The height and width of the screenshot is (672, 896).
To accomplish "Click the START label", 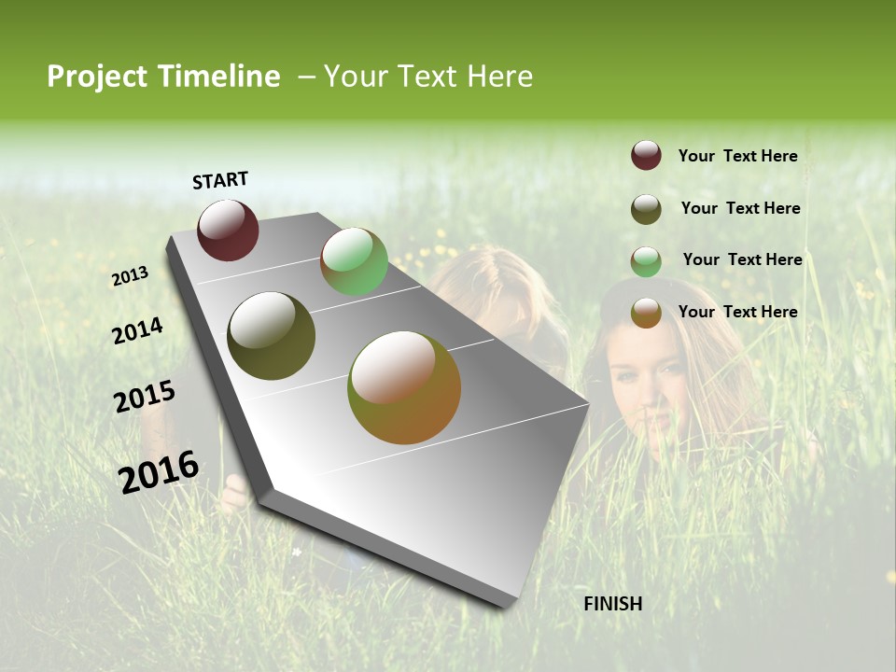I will pyautogui.click(x=220, y=180).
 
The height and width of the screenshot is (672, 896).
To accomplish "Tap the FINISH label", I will pyautogui.click(x=613, y=604).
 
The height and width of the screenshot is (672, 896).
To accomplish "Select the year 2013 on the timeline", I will pyautogui.click(x=130, y=276).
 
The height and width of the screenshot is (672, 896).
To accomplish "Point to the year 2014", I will pyautogui.click(x=137, y=330).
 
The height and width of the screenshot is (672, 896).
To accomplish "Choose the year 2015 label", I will pyautogui.click(x=144, y=397).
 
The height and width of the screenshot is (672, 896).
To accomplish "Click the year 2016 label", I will pyautogui.click(x=159, y=471).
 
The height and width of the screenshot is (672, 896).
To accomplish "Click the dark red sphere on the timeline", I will pyautogui.click(x=228, y=230).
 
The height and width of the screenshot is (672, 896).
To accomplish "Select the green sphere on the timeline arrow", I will pyautogui.click(x=354, y=261).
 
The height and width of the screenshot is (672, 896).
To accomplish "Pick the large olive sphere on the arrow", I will pyautogui.click(x=271, y=336).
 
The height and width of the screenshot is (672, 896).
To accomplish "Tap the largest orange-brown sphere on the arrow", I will pyautogui.click(x=404, y=387).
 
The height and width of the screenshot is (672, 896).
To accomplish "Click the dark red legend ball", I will pyautogui.click(x=646, y=156).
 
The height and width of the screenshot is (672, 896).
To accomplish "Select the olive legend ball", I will pyautogui.click(x=646, y=209).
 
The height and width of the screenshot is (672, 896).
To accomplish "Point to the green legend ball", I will pyautogui.click(x=646, y=261).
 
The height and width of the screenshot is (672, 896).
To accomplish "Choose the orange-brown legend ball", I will pyautogui.click(x=646, y=314).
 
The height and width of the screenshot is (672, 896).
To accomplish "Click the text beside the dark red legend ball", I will pyautogui.click(x=737, y=157).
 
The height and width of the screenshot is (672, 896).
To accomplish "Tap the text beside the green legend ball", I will pyautogui.click(x=742, y=259).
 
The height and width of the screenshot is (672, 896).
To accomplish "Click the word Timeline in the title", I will pyautogui.click(x=218, y=77).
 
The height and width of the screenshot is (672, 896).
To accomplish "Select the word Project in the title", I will pyautogui.click(x=98, y=77).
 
